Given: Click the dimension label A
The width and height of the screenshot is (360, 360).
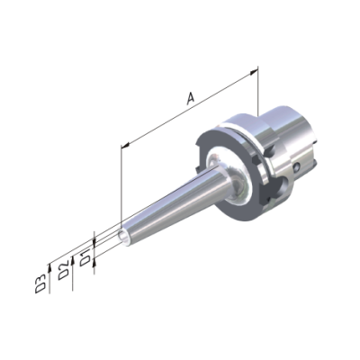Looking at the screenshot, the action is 191,99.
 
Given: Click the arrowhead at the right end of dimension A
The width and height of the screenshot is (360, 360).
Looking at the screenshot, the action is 254,72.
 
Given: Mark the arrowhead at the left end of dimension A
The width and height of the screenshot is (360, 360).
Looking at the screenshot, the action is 125,146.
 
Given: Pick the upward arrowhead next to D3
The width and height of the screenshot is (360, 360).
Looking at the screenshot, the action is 49,265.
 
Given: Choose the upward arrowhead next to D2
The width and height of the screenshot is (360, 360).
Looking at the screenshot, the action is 73,259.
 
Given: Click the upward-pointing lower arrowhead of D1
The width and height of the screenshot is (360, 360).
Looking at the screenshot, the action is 94,264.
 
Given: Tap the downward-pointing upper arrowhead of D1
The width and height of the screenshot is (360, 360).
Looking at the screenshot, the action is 94,242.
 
